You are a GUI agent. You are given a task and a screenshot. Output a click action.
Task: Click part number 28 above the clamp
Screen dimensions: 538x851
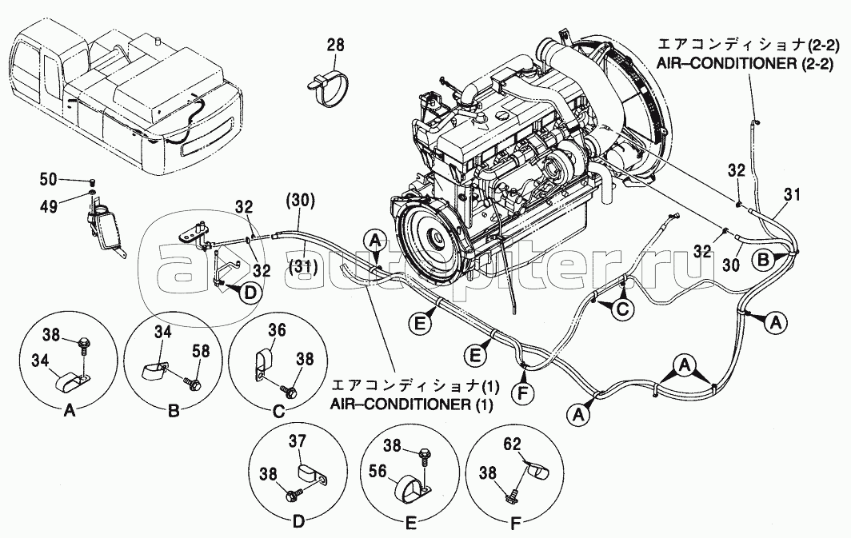click(335, 46)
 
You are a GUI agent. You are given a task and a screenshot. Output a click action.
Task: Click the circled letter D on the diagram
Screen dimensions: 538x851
click(250, 293)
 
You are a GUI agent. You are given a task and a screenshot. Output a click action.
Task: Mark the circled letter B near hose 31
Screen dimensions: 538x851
click(764, 259)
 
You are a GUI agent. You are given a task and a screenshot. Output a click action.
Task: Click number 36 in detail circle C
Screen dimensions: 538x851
click(276, 329)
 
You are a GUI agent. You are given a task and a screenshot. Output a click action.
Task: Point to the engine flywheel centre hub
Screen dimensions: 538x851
click(437, 238)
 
